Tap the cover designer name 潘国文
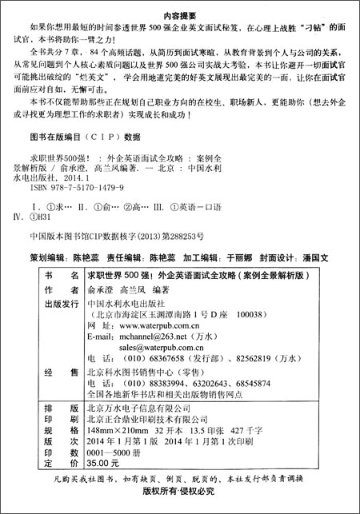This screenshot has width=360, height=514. click(321, 259)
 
